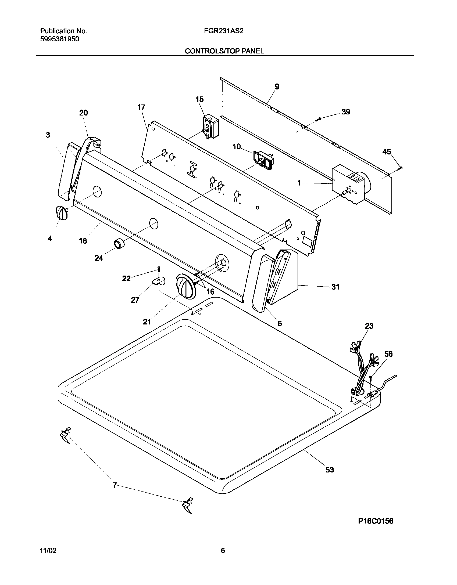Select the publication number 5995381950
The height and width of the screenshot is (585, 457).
click(x=59, y=39)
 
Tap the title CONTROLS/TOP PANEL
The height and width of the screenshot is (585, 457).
click(x=224, y=51)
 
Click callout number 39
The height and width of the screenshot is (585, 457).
click(x=346, y=112)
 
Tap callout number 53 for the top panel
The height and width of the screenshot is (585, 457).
click(x=330, y=470)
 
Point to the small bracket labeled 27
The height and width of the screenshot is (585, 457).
click(x=159, y=281)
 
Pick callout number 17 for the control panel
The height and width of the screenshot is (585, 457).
click(x=141, y=107)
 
